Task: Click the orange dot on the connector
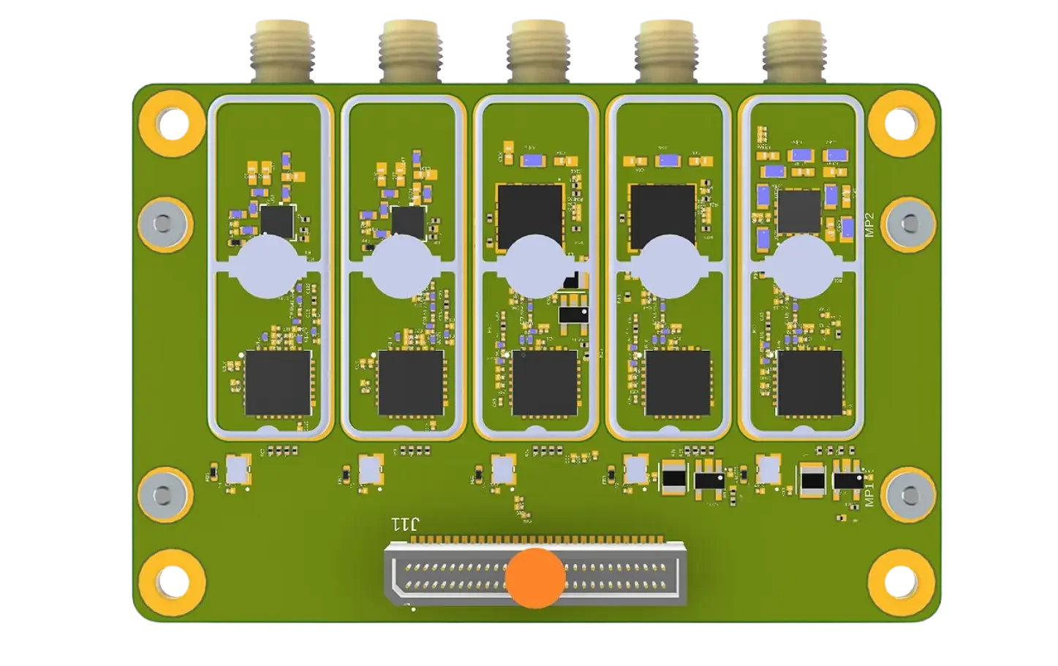pos(535,578)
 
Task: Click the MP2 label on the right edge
pos(869,226)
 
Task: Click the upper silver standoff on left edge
pos(165,224)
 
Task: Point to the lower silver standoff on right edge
pos(908,494)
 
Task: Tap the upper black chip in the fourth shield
pos(662,212)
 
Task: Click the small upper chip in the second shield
pos(407,222)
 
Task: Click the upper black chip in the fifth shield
pos(799,211)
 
